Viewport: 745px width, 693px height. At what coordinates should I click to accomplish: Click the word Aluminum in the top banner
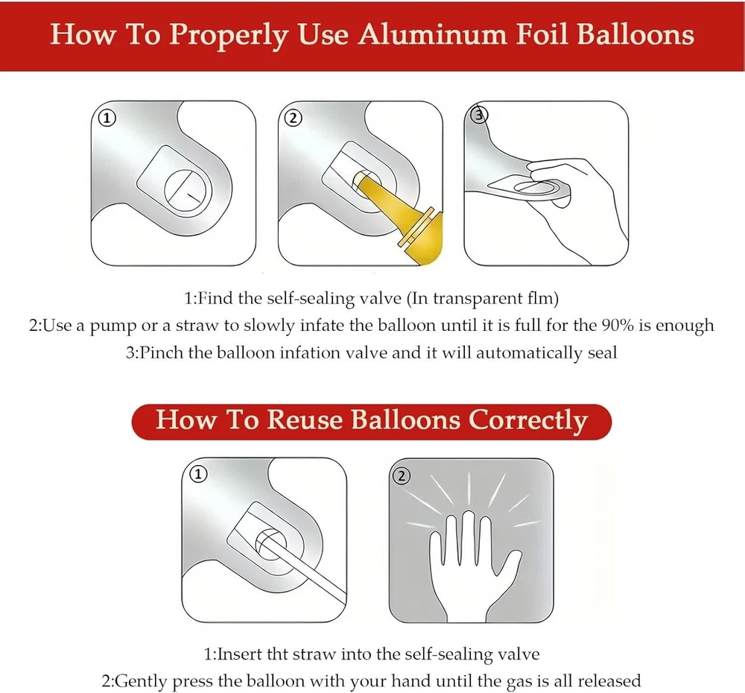pos(433,35)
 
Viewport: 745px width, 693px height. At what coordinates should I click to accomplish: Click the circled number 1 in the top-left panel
pos(107,118)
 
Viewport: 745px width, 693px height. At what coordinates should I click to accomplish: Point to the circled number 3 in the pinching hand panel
pos(478,115)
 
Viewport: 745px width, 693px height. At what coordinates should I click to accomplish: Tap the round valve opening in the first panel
pos(187,190)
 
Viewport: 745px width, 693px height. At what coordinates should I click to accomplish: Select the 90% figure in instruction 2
pos(618,325)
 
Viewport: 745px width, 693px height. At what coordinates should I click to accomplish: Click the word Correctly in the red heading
pos(528,421)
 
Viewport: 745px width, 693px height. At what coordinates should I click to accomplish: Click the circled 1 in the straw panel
pos(198,474)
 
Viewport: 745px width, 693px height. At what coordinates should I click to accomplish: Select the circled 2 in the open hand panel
pos(402,475)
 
